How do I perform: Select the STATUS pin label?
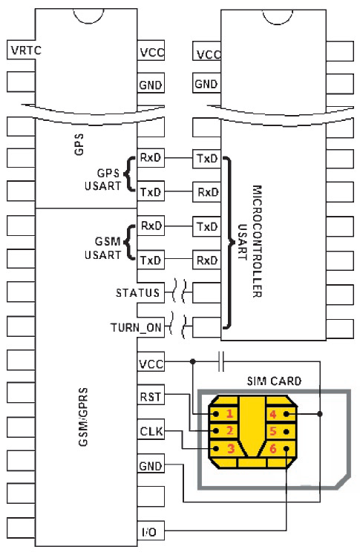(x=137, y=292)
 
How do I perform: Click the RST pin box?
(x=151, y=397)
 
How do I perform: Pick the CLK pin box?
(x=151, y=430)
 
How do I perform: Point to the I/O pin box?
(x=151, y=532)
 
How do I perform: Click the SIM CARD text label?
(x=275, y=381)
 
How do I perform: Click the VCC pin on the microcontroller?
(x=208, y=53)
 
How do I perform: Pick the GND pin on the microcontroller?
(x=206, y=84)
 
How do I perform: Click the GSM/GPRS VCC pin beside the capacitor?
(x=151, y=363)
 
